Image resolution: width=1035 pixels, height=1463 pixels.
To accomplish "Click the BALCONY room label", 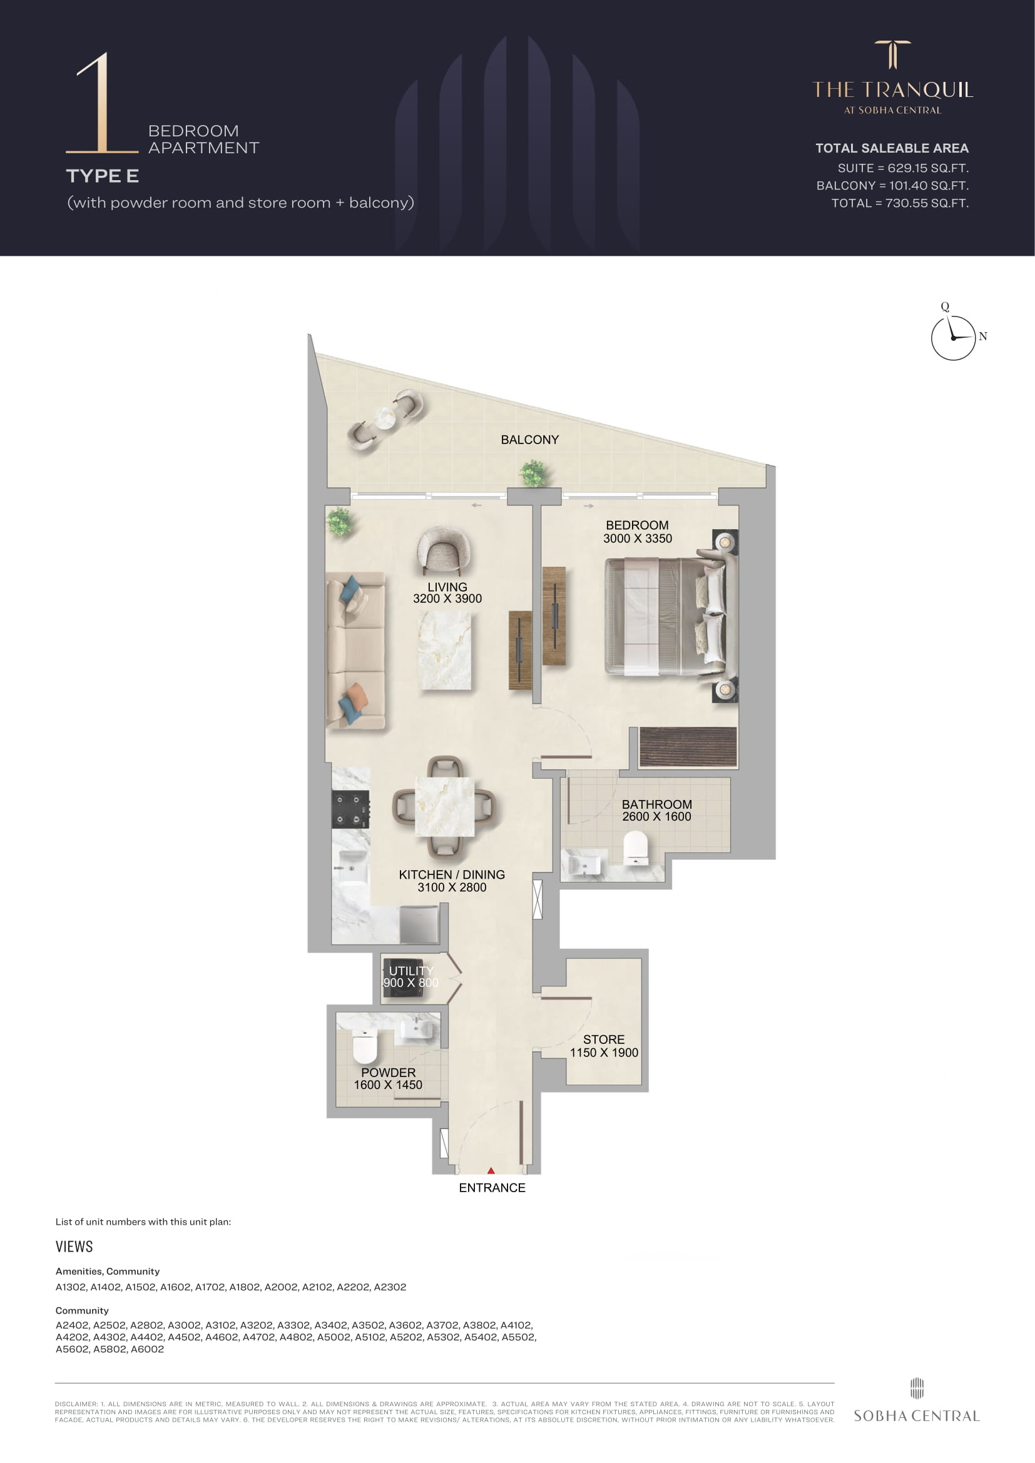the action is (529, 440).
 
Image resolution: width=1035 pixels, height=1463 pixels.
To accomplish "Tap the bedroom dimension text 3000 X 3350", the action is (637, 539).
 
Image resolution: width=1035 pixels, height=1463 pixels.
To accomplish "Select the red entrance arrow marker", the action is (491, 1170).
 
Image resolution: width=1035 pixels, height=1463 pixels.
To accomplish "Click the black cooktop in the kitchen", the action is (350, 809).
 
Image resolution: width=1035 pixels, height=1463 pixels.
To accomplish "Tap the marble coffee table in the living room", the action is (445, 650).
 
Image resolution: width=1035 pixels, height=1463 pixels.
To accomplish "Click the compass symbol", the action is (954, 337).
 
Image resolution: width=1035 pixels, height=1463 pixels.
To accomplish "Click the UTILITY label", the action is (410, 971).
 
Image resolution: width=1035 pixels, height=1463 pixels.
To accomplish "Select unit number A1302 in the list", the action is (71, 1287).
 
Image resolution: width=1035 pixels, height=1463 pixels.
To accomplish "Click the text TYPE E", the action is (102, 176).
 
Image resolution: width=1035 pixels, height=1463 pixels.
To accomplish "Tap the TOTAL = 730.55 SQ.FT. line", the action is (900, 203).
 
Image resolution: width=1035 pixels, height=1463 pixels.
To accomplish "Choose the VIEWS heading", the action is (74, 1247).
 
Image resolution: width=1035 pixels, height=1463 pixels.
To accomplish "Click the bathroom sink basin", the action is (584, 866).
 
